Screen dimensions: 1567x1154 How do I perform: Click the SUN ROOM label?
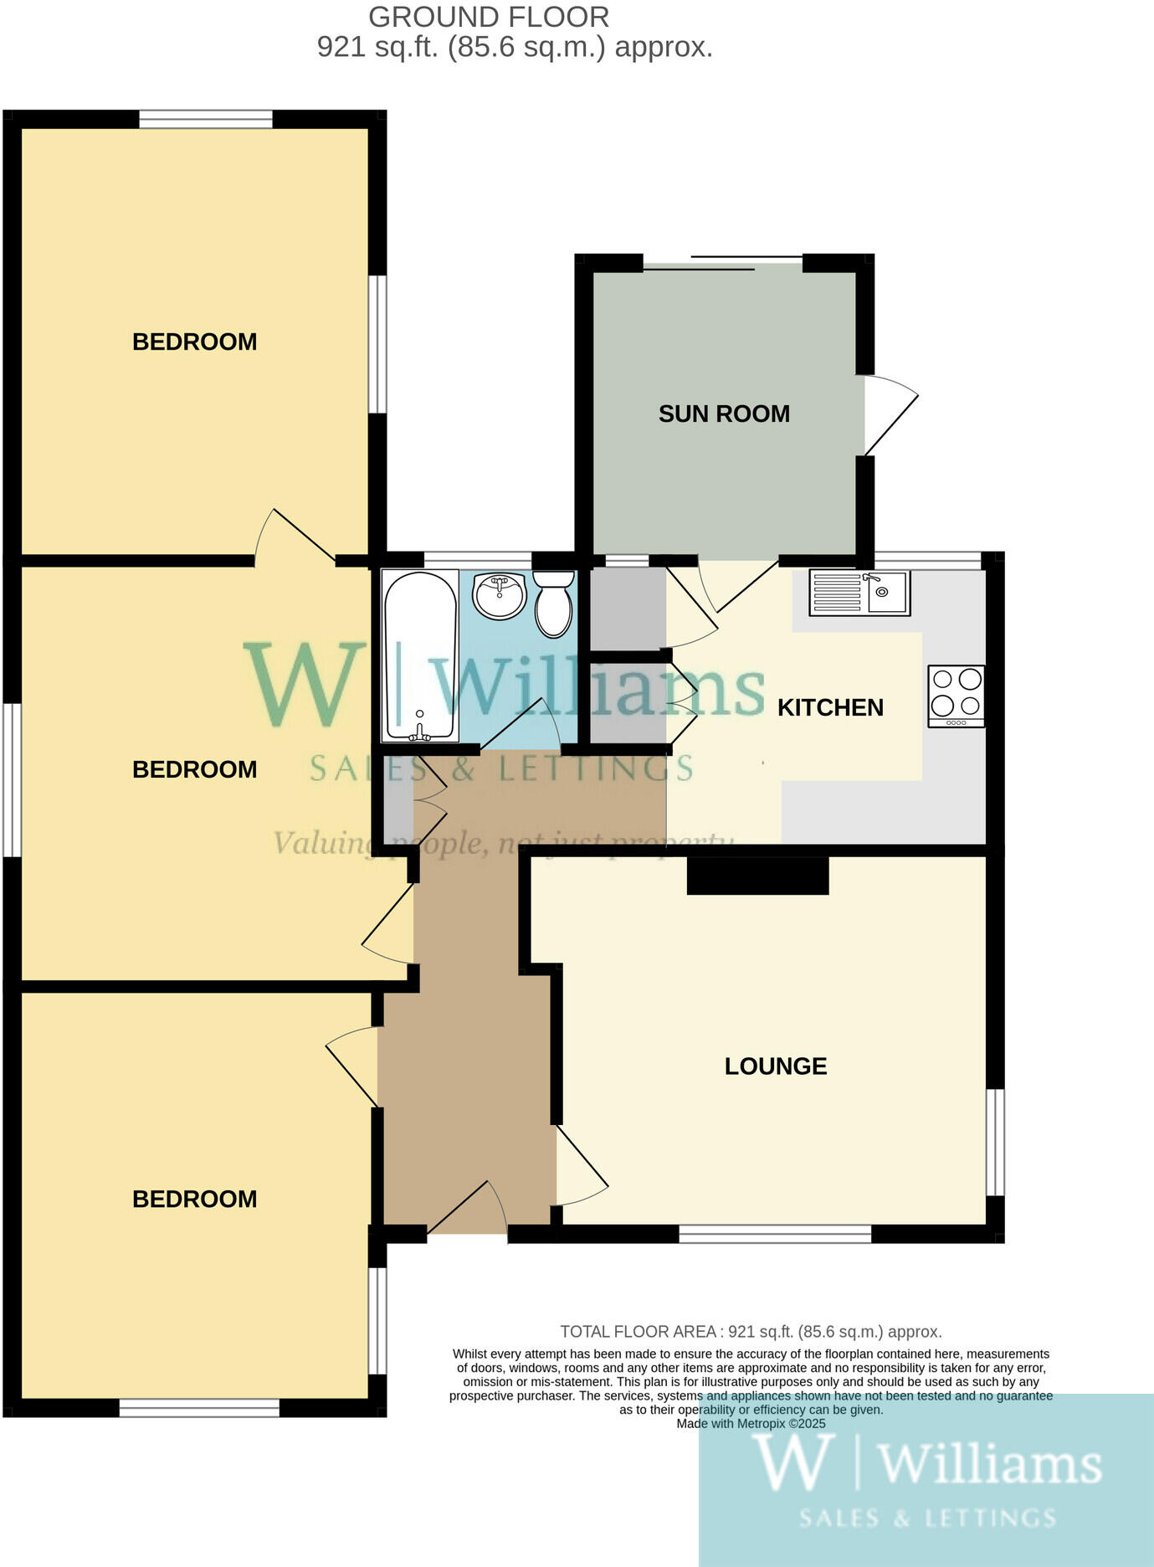[724, 414]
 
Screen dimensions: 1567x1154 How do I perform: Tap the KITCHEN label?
[830, 707]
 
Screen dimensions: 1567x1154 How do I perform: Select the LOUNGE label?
[776, 1066]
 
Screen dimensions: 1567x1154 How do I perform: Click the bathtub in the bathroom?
[420, 655]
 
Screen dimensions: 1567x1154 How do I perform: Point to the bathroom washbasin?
[499, 595]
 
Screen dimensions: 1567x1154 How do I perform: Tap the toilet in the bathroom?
[554, 603]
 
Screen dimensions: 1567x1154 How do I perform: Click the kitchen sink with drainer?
[859, 593]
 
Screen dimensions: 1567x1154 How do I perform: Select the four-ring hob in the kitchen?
[957, 696]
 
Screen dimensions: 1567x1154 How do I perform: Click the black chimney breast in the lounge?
[758, 876]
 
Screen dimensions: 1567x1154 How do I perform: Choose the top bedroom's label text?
[194, 342]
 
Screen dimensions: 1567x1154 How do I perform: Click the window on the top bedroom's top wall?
[206, 120]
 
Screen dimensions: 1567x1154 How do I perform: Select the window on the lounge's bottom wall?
[775, 1233]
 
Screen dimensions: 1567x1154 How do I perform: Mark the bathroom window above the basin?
[478, 560]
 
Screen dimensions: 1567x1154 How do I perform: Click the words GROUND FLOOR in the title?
[489, 17]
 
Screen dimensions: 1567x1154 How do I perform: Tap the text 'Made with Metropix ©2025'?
[751, 1423]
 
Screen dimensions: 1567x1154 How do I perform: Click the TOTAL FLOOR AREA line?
[751, 1331]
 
